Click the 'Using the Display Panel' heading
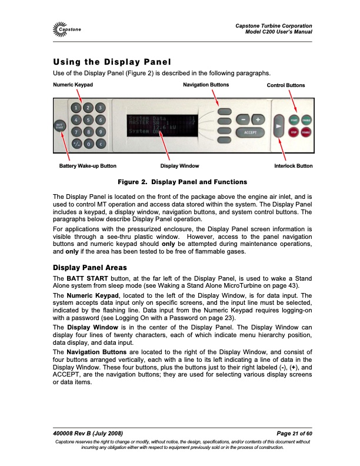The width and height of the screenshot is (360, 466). pos(111,62)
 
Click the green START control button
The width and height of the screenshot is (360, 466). pos(294,119)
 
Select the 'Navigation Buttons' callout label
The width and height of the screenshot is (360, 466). pos(206,85)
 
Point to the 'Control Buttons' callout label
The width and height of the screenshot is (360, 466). pos(286,85)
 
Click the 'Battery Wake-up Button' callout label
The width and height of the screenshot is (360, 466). pos(88,166)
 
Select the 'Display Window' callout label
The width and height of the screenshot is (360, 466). pos(180,166)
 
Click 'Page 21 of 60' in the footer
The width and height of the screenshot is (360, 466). pos(290,434)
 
